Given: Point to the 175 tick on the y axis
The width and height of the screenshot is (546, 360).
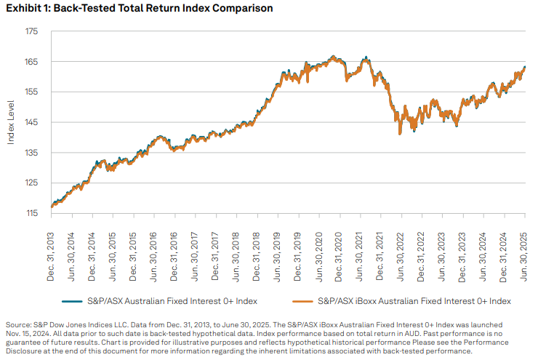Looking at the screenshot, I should pos(31,31).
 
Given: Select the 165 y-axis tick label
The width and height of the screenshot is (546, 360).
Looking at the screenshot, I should pos(31,62).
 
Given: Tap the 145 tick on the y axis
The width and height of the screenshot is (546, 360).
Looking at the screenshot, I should pos(31,122).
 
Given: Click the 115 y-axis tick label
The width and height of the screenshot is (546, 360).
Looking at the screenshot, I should pos(31,213).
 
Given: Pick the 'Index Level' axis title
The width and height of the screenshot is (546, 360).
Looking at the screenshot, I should pos(12,122).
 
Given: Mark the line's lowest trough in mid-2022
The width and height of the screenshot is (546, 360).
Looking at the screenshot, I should pos(400,134).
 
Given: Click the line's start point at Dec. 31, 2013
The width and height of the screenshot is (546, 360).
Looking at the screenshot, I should pos(51,207).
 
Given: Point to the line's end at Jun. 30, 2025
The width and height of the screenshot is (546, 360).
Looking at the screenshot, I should pos(525,68).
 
